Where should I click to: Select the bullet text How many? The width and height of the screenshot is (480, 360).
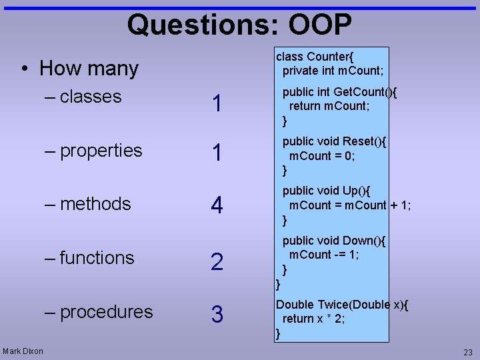pos(89,68)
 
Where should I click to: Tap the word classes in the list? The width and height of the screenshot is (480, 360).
pos(91,97)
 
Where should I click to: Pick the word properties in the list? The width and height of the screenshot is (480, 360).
pos(101,151)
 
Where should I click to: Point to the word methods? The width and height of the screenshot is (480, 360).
pos(95,204)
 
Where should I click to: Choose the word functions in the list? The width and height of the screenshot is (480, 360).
pos(97,258)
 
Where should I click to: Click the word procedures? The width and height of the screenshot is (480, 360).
pos(106,312)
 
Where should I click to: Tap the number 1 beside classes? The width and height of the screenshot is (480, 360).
pos(217,104)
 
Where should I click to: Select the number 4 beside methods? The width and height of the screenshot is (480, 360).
pos(217,206)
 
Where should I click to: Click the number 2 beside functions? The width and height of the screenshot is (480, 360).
pos(217,262)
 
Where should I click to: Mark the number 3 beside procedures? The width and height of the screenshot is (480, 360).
pos(217,315)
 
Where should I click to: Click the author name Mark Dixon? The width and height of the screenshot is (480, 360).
pos(23,351)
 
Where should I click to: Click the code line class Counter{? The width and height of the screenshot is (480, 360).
pos(319,57)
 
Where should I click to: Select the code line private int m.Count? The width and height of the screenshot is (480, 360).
pos(333,71)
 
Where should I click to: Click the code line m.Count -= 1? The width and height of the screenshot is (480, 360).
pos(324,255)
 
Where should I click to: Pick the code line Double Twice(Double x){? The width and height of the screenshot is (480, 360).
pos(342,305)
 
